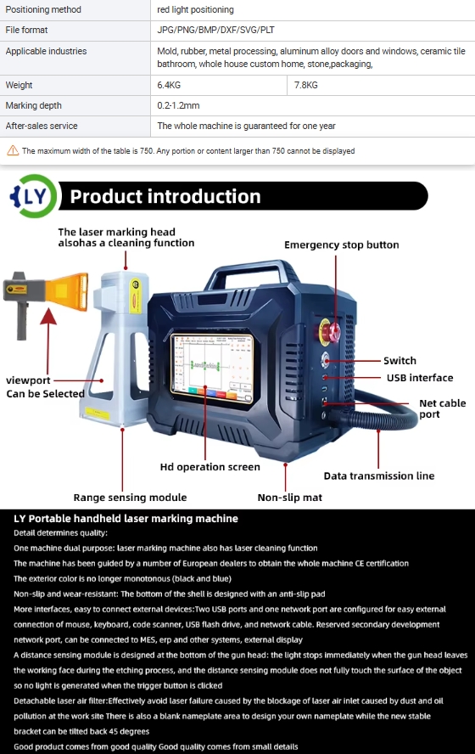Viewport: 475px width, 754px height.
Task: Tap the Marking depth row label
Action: click(x=34, y=105)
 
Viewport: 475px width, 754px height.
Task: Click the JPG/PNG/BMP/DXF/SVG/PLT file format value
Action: click(x=215, y=30)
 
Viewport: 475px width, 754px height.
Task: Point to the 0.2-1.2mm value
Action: click(x=178, y=105)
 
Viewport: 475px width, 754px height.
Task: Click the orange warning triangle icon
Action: click(x=13, y=150)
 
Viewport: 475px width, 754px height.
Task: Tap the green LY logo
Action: click(x=33, y=195)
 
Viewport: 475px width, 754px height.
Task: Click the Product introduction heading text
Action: click(x=165, y=196)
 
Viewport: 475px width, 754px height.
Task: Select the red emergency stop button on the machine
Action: click(x=330, y=332)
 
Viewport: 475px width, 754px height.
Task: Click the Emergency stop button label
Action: click(x=342, y=245)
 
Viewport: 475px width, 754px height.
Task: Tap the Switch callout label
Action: click(x=400, y=361)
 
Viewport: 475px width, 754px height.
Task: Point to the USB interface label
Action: click(x=420, y=378)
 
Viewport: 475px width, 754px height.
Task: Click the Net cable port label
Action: click(x=442, y=408)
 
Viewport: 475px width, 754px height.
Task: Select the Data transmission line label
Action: click(x=379, y=476)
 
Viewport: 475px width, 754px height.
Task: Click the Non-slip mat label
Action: click(x=289, y=498)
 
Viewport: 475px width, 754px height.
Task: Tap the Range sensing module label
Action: click(x=130, y=498)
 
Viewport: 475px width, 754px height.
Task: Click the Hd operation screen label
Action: click(x=210, y=467)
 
